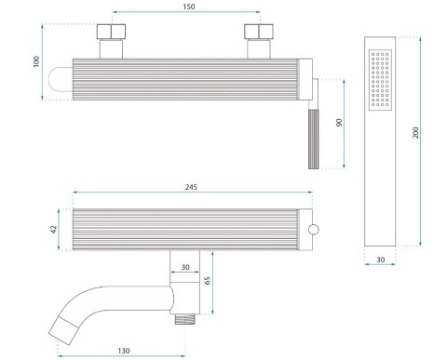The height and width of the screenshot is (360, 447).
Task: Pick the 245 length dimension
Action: tap(191, 187)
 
